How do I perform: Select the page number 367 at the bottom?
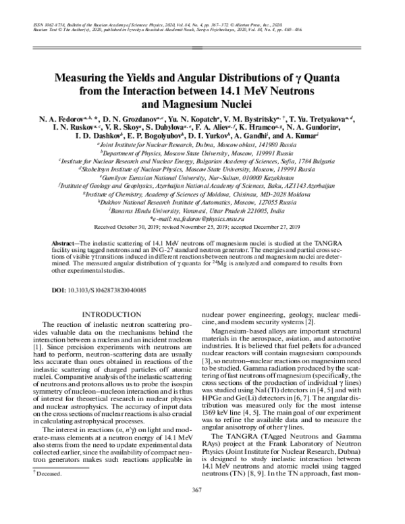202,508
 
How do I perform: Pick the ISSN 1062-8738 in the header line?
46,24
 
